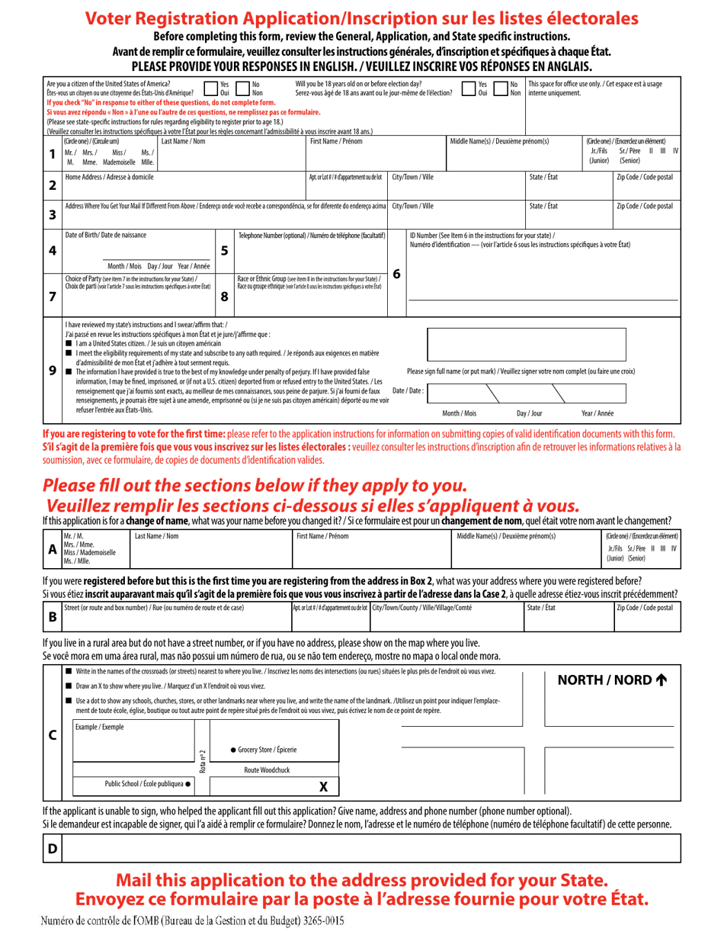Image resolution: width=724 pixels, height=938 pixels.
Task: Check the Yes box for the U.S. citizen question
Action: click(x=211, y=88)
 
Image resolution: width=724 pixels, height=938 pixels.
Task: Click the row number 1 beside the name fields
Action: click(x=52, y=155)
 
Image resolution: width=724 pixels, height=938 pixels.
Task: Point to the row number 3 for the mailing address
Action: click(x=52, y=214)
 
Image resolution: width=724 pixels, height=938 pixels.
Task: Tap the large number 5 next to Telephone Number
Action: click(x=224, y=250)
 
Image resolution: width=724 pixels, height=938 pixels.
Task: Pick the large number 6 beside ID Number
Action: click(x=396, y=273)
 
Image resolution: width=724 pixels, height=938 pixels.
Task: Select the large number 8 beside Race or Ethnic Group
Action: click(x=224, y=297)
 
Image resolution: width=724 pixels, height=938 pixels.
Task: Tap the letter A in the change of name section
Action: click(x=52, y=548)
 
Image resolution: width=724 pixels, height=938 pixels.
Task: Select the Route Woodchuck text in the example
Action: click(x=267, y=770)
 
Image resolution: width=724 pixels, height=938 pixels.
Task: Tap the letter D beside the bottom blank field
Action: click(x=52, y=848)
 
